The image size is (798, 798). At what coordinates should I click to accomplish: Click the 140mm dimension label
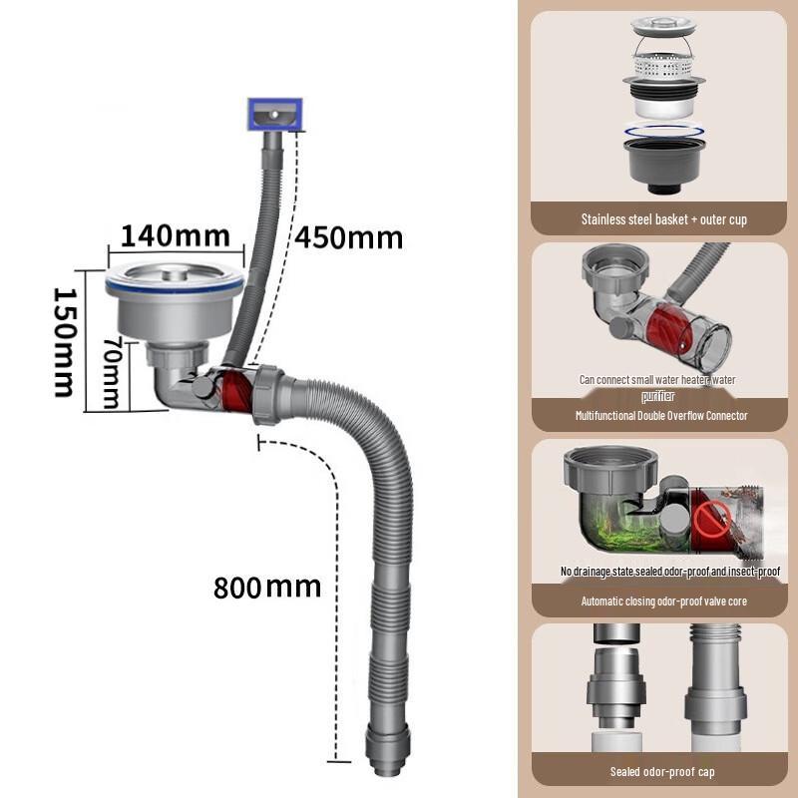coord(176,236)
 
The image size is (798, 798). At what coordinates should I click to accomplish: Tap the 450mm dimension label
coord(349,237)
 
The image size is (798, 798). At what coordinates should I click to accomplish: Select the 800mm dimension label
coord(267,588)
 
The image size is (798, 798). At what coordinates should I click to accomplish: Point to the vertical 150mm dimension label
coord(65,342)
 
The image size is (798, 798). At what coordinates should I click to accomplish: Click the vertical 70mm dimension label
coord(112,372)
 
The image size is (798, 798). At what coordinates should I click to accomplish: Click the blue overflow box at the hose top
coord(275,114)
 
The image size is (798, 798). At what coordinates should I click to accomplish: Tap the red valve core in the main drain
coord(236,391)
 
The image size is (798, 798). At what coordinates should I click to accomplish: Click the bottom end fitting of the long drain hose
coord(387,751)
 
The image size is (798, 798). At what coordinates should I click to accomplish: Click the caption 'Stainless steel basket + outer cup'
coord(664,219)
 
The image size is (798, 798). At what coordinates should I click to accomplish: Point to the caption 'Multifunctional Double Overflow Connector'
coord(661,415)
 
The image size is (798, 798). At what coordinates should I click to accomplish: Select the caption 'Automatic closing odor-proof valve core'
coord(664,601)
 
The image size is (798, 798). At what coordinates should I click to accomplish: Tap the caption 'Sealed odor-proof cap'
coord(662,771)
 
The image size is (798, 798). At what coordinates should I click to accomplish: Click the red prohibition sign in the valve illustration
coord(712,519)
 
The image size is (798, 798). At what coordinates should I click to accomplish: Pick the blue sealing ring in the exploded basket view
coord(664,132)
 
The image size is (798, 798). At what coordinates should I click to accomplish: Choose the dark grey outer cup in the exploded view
coord(663,166)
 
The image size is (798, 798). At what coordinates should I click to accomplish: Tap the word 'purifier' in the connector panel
coord(658,396)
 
